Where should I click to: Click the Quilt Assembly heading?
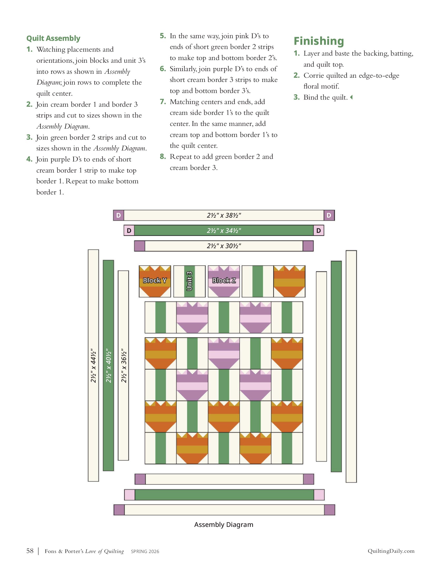tap(53, 38)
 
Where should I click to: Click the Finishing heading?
tap(319, 41)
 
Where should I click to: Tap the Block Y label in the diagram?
tap(155, 280)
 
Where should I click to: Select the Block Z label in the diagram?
tap(224, 280)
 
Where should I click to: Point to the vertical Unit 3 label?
tap(189, 281)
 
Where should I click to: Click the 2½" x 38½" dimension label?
tap(224, 216)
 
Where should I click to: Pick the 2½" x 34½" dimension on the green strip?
tap(224, 231)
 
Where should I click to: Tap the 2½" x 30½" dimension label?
tap(224, 246)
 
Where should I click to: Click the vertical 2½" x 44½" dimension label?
tap(93, 365)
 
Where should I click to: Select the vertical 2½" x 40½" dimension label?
tap(108, 365)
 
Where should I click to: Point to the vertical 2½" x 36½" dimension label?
tap(123, 365)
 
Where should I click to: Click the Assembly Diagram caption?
tap(224, 525)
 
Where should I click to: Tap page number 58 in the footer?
tap(30, 551)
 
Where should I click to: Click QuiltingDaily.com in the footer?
tap(391, 551)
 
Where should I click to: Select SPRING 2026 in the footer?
tap(145, 551)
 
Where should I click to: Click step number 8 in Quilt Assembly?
tap(163, 157)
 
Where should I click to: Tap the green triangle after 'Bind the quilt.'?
tap(351, 97)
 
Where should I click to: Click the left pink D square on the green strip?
tap(129, 231)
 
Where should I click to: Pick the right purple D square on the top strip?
tap(329, 216)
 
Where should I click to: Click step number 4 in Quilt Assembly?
tap(29, 159)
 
